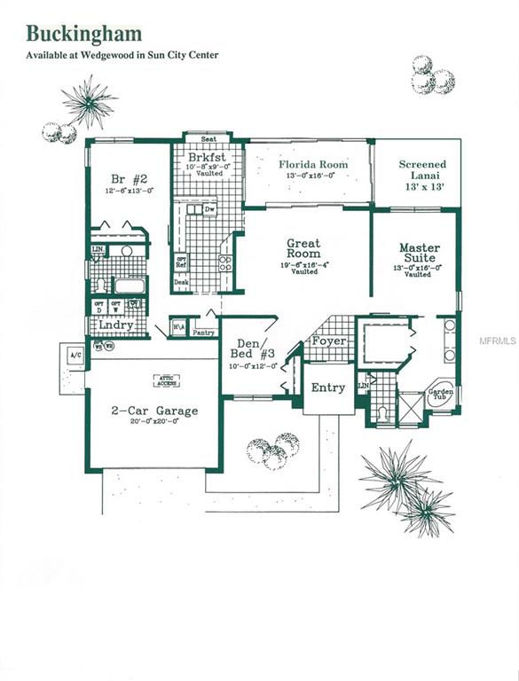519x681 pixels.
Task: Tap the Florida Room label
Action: [x=313, y=165]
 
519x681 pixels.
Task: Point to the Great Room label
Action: [x=303, y=249]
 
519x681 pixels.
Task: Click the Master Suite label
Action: [x=420, y=254]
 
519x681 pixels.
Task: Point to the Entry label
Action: [x=327, y=387]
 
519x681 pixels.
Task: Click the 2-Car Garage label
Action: [x=154, y=411]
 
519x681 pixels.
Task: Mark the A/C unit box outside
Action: [x=75, y=356]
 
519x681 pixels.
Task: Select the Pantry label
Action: [x=203, y=333]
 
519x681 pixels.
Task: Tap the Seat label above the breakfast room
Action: [x=209, y=139]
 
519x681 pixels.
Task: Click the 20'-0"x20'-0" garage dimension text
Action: [x=154, y=423]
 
